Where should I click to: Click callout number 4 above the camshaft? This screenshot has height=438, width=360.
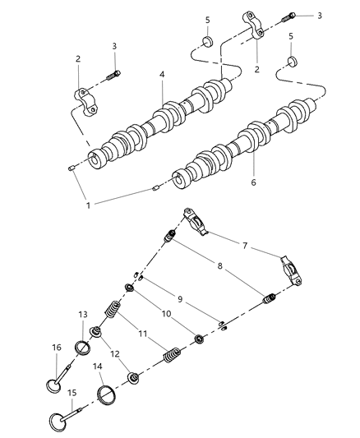[163, 76]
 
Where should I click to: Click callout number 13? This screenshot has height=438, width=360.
[82, 316]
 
